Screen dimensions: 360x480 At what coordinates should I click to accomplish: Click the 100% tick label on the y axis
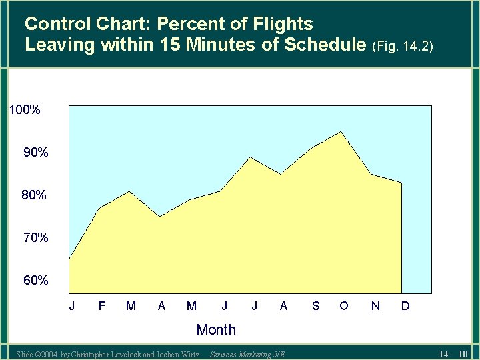pos(25,110)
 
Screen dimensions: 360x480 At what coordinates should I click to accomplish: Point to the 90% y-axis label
pos(36,153)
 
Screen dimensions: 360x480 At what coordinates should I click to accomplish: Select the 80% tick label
pos(34,195)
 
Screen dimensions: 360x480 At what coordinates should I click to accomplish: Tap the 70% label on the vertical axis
pos(36,237)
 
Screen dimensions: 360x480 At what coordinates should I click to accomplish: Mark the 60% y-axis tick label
pos(36,281)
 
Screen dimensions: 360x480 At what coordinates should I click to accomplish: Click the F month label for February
pos(101,306)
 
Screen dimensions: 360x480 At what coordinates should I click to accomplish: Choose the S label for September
pos(315,306)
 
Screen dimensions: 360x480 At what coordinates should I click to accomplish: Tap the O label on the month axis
pos(343,306)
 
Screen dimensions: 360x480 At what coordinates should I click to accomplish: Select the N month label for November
pos(375,306)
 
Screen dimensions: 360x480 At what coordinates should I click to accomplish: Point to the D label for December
pos(405,306)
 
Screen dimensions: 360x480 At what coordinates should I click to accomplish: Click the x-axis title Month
pos(216,329)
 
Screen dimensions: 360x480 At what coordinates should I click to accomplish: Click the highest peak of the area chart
pos(341,132)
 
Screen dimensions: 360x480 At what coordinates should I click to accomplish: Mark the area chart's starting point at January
pos(69,259)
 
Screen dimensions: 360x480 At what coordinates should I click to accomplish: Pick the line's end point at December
pos(401,183)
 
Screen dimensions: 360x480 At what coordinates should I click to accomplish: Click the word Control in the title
pos(56,25)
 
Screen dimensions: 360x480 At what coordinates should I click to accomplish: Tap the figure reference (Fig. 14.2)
pos(404,47)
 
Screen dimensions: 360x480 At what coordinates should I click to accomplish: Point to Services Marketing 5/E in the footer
pos(247,354)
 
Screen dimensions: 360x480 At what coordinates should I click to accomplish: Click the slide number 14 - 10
pos(453,353)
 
